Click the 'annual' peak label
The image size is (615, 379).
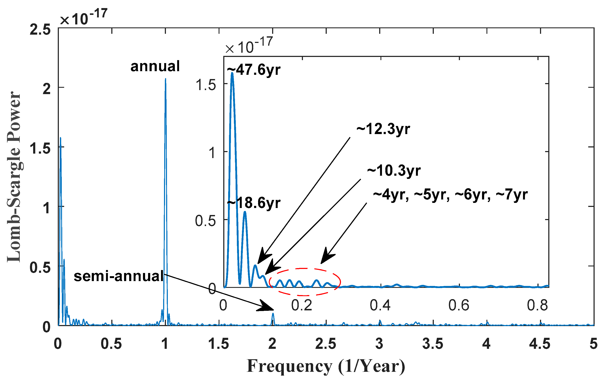pyautogui.click(x=155, y=66)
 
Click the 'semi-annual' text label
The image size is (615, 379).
pyautogui.click(x=119, y=276)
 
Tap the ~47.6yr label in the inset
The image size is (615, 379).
pyautogui.click(x=254, y=70)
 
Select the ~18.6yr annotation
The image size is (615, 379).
pyautogui.click(x=254, y=203)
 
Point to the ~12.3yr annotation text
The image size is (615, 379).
pyautogui.click(x=383, y=130)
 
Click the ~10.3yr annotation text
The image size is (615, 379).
pyautogui.click(x=394, y=171)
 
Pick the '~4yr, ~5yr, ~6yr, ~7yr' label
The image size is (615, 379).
pyautogui.click(x=450, y=195)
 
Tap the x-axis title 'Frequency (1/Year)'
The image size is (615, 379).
pyautogui.click(x=326, y=366)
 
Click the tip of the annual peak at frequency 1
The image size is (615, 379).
pyautogui.click(x=165, y=79)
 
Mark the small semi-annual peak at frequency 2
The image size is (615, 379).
pyautogui.click(x=273, y=314)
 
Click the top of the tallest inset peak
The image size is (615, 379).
pyautogui.click(x=232, y=73)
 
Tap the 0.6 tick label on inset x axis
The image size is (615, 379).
pyautogui.click(x=459, y=305)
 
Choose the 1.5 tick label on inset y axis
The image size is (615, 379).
pyautogui.click(x=205, y=85)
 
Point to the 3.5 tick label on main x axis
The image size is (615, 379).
pyautogui.click(x=433, y=344)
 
